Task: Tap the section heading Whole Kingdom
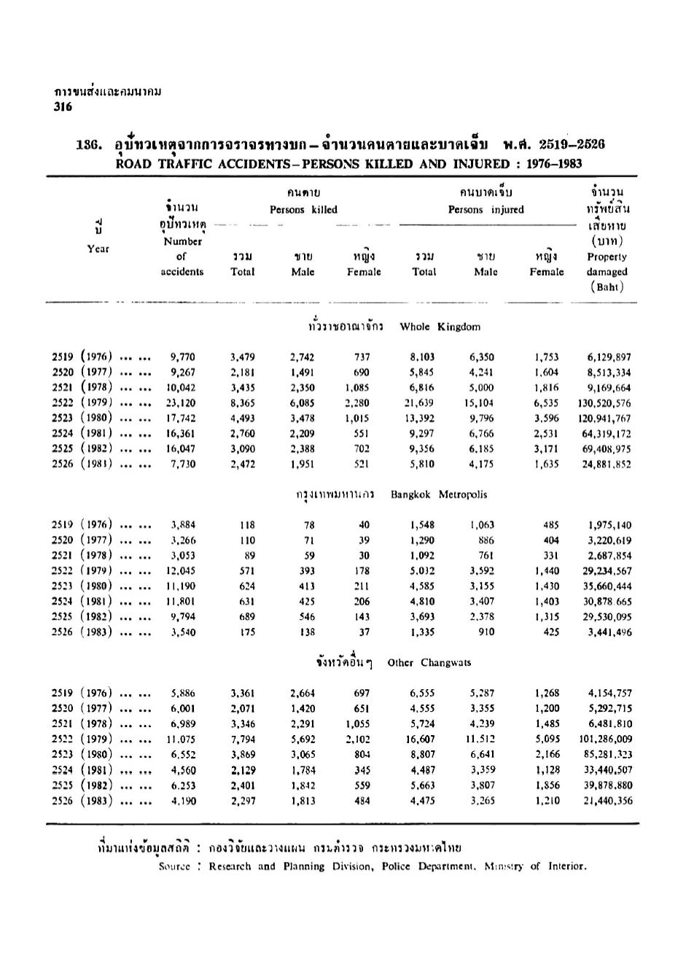pos(440,327)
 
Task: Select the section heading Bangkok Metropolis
pos(439,494)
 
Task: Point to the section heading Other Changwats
pos(429,663)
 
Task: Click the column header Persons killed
pos(303,210)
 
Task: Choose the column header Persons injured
pos(486,210)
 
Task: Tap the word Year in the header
pos(98,249)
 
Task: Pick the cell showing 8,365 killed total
pos(242,403)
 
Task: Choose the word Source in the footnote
pos(174,866)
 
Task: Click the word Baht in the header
pos(607,287)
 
